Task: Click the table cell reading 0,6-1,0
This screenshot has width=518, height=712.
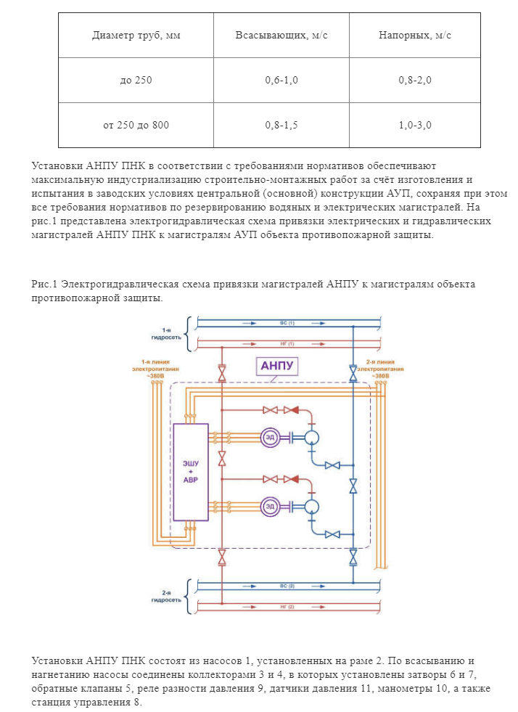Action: click(281, 80)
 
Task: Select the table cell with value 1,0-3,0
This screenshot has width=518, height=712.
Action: click(414, 125)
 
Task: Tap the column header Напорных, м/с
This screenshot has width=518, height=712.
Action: click(414, 36)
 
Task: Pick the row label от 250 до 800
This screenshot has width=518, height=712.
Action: click(136, 125)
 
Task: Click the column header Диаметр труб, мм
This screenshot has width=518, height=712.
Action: click(136, 36)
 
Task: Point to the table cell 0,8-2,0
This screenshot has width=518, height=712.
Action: click(414, 80)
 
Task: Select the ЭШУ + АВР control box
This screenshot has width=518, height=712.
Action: click(190, 471)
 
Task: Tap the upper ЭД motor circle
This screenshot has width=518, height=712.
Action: click(270, 437)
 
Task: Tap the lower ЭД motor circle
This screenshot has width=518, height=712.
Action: click(270, 506)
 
